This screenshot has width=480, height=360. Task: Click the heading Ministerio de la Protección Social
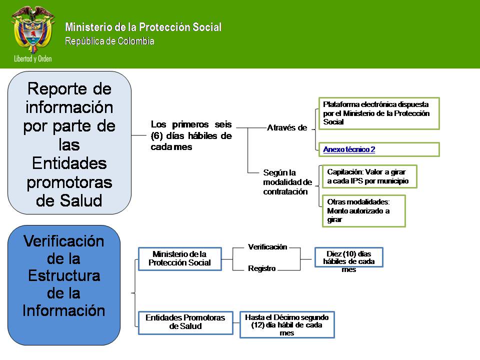point(143,27)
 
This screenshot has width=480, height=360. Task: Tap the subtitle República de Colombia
point(109,41)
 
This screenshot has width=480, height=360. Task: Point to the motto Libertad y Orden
point(33,58)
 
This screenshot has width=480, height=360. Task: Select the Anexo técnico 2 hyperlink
point(349,149)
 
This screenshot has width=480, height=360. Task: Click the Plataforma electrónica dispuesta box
point(378,113)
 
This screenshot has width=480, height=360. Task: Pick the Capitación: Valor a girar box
point(368,176)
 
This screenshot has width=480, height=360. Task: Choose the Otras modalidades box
point(363,210)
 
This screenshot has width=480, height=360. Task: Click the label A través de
point(286,128)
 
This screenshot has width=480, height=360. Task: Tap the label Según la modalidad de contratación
point(287,182)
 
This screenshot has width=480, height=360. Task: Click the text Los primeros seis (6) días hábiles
point(191,135)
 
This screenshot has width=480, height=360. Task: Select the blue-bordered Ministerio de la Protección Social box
point(179,258)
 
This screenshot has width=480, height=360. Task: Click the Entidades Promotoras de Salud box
point(185,322)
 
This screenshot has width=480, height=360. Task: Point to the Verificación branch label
point(267,247)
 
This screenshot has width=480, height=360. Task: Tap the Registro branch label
point(262,268)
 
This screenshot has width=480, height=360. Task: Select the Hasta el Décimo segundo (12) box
point(287,324)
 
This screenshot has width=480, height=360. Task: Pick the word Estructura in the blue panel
point(64,276)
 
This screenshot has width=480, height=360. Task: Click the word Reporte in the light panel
point(69,89)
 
